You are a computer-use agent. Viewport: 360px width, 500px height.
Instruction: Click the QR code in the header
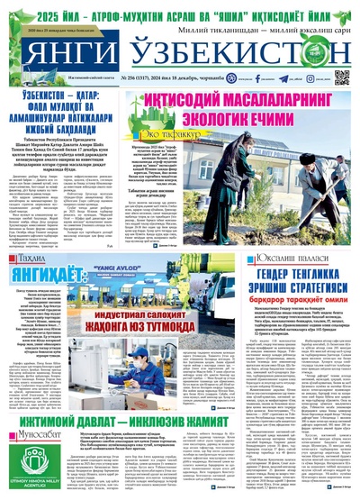pyautogui.click(x=341, y=79)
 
